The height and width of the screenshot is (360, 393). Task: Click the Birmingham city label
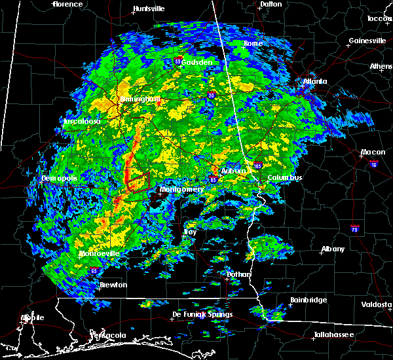pyautogui.click(x=140, y=99)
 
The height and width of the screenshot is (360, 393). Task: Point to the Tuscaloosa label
pyautogui.click(x=82, y=122)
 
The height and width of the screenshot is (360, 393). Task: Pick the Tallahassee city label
pyautogui.click(x=333, y=334)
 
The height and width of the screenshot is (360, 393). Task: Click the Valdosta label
pyautogui.click(x=377, y=304)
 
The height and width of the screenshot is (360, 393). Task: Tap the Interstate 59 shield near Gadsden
pyautogui.click(x=178, y=61)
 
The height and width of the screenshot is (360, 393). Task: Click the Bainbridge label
pyautogui.click(x=309, y=300)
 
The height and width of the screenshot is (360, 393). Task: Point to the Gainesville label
pyautogui.click(x=367, y=40)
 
